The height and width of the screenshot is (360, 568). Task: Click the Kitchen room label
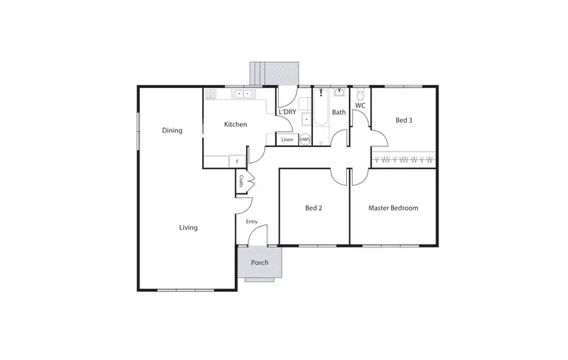coord(235,124)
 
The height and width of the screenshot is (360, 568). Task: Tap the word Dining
coord(172,130)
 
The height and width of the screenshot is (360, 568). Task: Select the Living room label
coord(188,227)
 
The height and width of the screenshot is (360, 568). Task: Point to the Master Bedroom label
coord(393,208)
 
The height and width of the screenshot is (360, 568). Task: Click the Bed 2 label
coord(314,208)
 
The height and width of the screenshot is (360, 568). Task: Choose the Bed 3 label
coord(404,120)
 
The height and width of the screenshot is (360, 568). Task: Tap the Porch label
coord(260,263)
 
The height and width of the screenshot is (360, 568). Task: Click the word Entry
coord(251,221)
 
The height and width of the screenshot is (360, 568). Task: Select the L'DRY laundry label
coord(287,112)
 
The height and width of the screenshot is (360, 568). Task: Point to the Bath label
coord(339,112)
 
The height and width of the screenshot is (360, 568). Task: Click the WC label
coord(360,105)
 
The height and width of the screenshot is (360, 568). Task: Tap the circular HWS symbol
coord(305,139)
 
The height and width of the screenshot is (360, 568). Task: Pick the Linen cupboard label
coord(287,139)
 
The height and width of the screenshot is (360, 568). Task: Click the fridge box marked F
coord(237,161)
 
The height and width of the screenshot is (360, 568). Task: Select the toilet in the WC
coord(360,95)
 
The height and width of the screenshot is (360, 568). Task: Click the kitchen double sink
coord(245,94)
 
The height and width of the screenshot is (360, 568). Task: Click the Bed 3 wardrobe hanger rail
coord(404,159)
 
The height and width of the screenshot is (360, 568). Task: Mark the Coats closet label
coord(241,181)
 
